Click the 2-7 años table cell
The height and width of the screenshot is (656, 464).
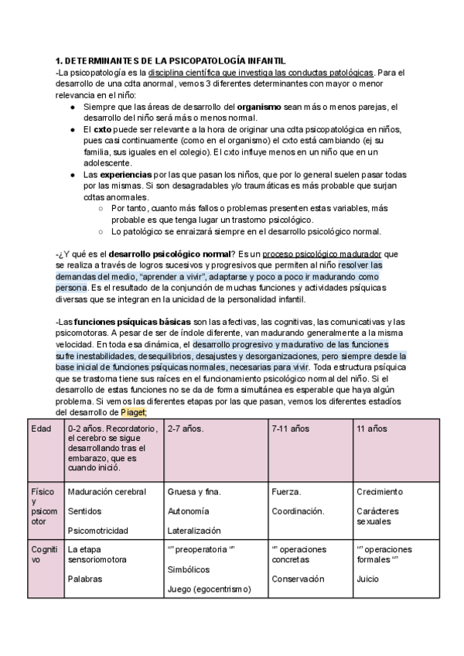tap(183, 429)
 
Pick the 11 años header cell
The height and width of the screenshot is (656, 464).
tap(372, 429)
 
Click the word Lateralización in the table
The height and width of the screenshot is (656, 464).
tap(194, 531)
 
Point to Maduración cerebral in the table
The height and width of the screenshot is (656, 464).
tap(107, 491)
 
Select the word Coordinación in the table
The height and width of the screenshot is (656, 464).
tap(298, 511)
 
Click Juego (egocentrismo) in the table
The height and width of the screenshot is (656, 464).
tap(209, 589)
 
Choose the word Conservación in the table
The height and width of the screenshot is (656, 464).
tap(297, 578)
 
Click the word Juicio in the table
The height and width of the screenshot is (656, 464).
tap(368, 578)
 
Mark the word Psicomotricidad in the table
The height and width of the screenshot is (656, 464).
tap(97, 531)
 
